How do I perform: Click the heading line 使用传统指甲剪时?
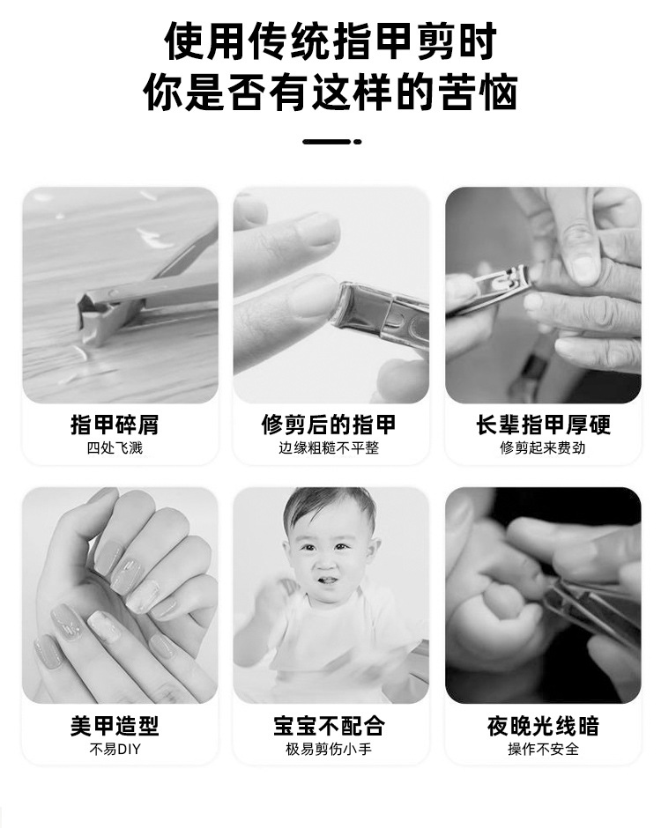point(330,41)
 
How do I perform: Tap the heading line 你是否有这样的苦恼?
point(330,92)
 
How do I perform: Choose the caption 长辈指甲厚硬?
point(543,425)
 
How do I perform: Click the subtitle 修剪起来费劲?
point(543,448)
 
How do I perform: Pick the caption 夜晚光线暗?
point(543,726)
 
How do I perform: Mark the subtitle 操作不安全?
point(543,750)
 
